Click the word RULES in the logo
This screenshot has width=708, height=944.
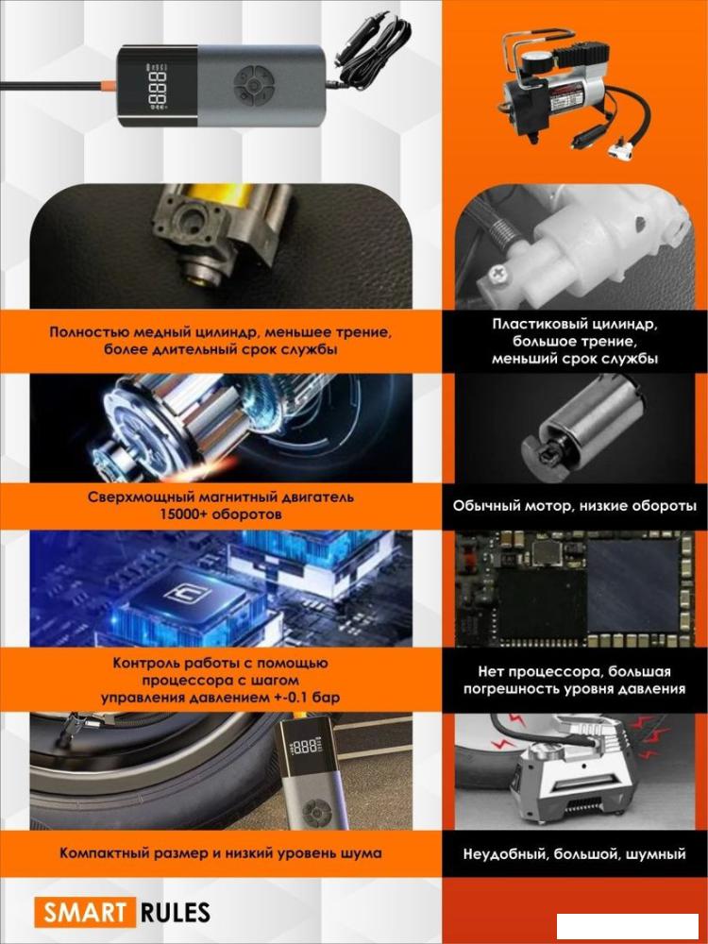pos(176,912)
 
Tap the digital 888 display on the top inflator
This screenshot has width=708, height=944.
pos(157,87)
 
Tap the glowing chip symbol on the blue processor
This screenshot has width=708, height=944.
pos(187,595)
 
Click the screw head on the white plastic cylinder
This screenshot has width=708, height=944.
pos(498,274)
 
